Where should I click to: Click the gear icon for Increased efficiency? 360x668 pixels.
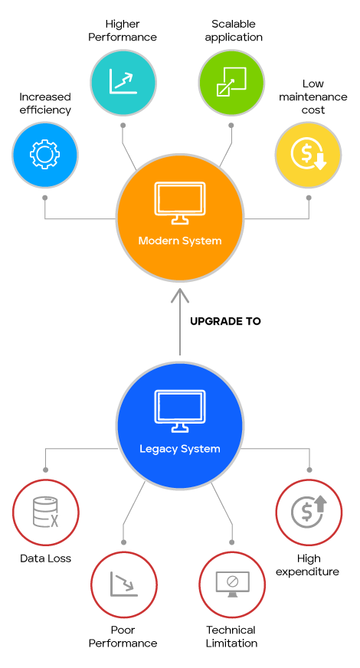tap(44, 154)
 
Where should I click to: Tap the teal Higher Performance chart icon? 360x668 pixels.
tap(123, 82)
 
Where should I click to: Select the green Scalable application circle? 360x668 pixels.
tap(231, 82)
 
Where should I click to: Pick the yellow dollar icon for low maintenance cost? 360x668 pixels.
tap(309, 154)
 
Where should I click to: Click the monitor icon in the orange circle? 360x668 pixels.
tap(180, 203)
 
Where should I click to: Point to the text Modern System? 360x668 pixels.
tap(180, 241)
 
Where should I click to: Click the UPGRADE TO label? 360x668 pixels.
tap(225, 321)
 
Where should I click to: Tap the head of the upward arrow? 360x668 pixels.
tap(180, 295)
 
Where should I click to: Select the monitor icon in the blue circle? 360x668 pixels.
tap(180, 411)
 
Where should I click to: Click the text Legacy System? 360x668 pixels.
tap(180, 449)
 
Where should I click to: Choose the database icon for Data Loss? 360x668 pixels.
tap(46, 512)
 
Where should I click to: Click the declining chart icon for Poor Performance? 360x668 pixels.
tap(123, 584)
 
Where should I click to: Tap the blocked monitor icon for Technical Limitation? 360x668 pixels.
tap(232, 584)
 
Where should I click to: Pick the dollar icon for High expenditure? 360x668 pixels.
tap(309, 512)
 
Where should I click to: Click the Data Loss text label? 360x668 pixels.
tap(46, 558)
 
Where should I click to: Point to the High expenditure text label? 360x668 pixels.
tap(308, 565)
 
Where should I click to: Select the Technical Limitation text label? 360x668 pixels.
tap(231, 637)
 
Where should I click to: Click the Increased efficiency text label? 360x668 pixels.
tap(44, 103)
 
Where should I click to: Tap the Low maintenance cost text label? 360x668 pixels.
tap(313, 97)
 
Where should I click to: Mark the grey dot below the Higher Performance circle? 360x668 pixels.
tap(123, 126)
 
